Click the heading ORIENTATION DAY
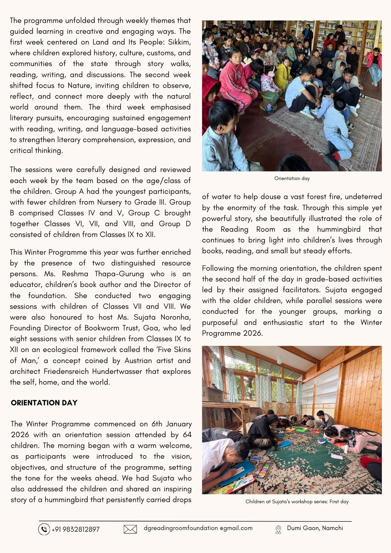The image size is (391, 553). pos(44,403)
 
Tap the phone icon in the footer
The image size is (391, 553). pos(44,529)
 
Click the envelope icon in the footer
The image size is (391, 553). pos(130,529)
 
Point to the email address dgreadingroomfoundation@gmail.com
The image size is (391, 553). pos(198,528)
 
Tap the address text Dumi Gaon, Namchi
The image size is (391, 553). pos(315,528)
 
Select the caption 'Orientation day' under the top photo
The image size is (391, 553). pos(292,178)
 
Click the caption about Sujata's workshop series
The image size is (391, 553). pos(297,501)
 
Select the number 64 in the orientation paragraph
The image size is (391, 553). pos(187,435)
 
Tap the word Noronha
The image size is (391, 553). pos(176,317)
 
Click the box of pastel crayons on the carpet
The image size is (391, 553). pos(264,469)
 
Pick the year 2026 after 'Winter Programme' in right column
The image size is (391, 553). pos(252,333)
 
